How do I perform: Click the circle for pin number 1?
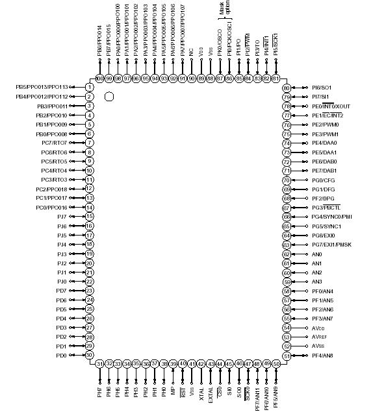click(x=90, y=87)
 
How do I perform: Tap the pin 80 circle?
click(x=287, y=87)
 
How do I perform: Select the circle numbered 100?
click(x=99, y=79)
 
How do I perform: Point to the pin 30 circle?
click(x=90, y=355)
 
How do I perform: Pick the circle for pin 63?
click(x=287, y=245)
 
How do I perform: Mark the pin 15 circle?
click(x=90, y=216)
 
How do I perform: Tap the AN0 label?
click(x=316, y=254)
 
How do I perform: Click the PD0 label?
click(x=61, y=356)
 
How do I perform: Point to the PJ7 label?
click(x=62, y=216)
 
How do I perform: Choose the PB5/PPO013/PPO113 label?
click(x=41, y=87)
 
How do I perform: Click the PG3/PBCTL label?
click(x=327, y=208)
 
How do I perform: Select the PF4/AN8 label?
click(x=323, y=356)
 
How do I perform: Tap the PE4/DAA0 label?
click(x=324, y=143)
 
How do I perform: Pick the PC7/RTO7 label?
click(x=55, y=143)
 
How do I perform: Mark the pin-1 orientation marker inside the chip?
click(x=109, y=96)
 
